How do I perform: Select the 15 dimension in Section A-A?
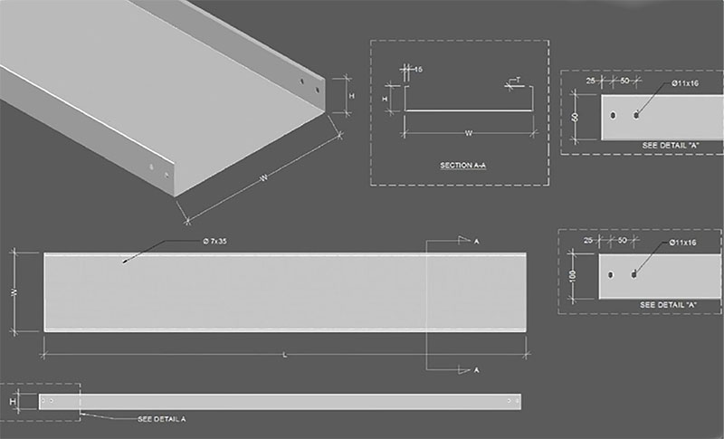click(417, 68)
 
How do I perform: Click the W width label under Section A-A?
click(468, 133)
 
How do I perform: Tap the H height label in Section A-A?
click(386, 98)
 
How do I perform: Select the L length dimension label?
click(285, 355)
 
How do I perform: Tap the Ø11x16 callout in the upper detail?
click(683, 83)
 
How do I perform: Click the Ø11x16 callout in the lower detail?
click(682, 243)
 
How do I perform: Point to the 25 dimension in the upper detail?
click(591, 81)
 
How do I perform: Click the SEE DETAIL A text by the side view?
click(162, 419)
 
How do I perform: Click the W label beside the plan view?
click(14, 292)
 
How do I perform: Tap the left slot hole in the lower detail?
click(613, 275)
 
